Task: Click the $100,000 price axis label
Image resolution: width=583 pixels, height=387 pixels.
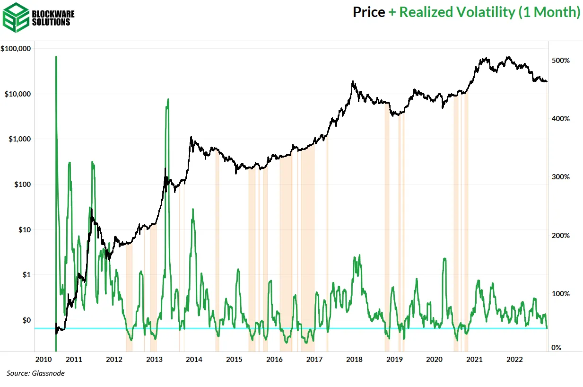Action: pyautogui.click(x=17, y=49)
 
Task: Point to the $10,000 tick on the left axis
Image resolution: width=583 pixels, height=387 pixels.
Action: pyautogui.click(x=18, y=94)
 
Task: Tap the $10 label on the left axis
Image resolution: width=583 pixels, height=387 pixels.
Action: pyautogui.click(x=24, y=229)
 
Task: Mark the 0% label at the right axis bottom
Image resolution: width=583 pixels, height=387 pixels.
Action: pyautogui.click(x=557, y=348)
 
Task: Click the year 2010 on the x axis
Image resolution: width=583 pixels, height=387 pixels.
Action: pyautogui.click(x=44, y=360)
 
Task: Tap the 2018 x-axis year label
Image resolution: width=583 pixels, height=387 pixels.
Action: pyautogui.click(x=354, y=360)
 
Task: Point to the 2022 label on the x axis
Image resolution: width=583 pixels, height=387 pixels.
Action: pyautogui.click(x=514, y=360)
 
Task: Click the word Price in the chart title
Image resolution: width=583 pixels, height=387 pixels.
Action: pyautogui.click(x=369, y=12)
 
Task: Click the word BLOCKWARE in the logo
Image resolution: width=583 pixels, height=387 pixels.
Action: pyautogui.click(x=53, y=13)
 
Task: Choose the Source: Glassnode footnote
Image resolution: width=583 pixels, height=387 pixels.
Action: pyautogui.click(x=35, y=373)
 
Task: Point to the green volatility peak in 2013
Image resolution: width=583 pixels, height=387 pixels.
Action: pyautogui.click(x=168, y=100)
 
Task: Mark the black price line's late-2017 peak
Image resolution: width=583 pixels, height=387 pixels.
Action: pyautogui.click(x=353, y=82)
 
